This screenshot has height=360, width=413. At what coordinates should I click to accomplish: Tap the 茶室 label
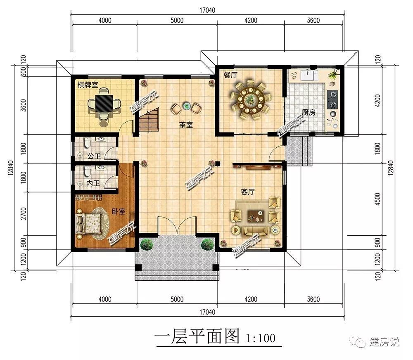coord(186,125)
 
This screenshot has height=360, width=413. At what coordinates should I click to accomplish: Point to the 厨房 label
coord(309,113)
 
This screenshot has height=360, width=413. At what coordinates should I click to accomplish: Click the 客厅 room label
coord(247,192)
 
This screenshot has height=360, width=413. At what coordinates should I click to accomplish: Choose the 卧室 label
coord(119,211)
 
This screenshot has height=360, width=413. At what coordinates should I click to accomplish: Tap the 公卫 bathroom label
coord(94,156)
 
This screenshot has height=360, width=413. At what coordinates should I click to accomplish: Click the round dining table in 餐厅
coord(250,99)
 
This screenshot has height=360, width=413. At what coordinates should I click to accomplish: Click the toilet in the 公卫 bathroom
coord(86,143)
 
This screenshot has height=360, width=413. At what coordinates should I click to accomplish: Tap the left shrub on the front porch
coord(147,244)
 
